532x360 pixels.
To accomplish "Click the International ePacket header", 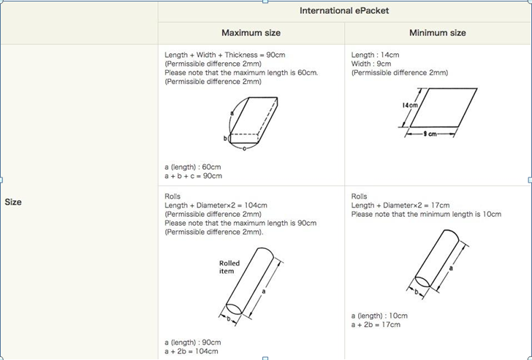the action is (x=344, y=11).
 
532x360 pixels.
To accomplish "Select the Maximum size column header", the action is (x=251, y=33).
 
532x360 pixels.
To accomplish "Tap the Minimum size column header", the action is (x=437, y=33).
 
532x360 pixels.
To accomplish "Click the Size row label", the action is (x=13, y=202).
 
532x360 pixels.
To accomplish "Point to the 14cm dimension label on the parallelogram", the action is (x=410, y=105).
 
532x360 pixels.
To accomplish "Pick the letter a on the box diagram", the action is (x=232, y=113).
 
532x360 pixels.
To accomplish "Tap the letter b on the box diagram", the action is (x=225, y=138).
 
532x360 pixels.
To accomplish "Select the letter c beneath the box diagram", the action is (x=244, y=148).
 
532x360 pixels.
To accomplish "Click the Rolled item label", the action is (x=229, y=267).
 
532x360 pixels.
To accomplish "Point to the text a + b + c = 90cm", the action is (x=194, y=176).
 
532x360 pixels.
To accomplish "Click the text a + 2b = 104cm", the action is (x=191, y=351).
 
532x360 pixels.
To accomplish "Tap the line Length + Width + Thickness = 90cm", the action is (x=225, y=55).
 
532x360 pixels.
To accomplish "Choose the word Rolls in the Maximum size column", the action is (x=172, y=196).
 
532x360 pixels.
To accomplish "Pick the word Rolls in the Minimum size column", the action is (x=359, y=196).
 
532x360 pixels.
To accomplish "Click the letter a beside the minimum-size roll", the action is (x=451, y=268).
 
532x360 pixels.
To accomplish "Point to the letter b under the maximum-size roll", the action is (x=229, y=318).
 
